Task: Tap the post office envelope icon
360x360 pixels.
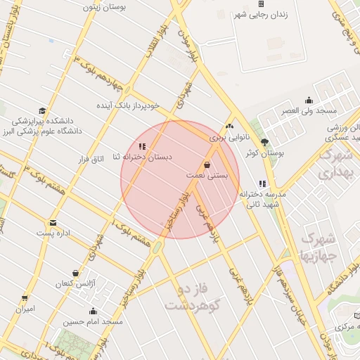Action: pos(53,223)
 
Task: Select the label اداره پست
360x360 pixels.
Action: pos(55,233)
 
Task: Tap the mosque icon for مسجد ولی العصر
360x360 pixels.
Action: pos(309,101)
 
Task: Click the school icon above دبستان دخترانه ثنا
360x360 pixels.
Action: pos(143,146)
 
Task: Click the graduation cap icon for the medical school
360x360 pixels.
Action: pos(43,111)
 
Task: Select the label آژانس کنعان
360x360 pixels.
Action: pos(75,283)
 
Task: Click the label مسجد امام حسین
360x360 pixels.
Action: pos(93,321)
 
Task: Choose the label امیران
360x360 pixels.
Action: pos(25,308)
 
